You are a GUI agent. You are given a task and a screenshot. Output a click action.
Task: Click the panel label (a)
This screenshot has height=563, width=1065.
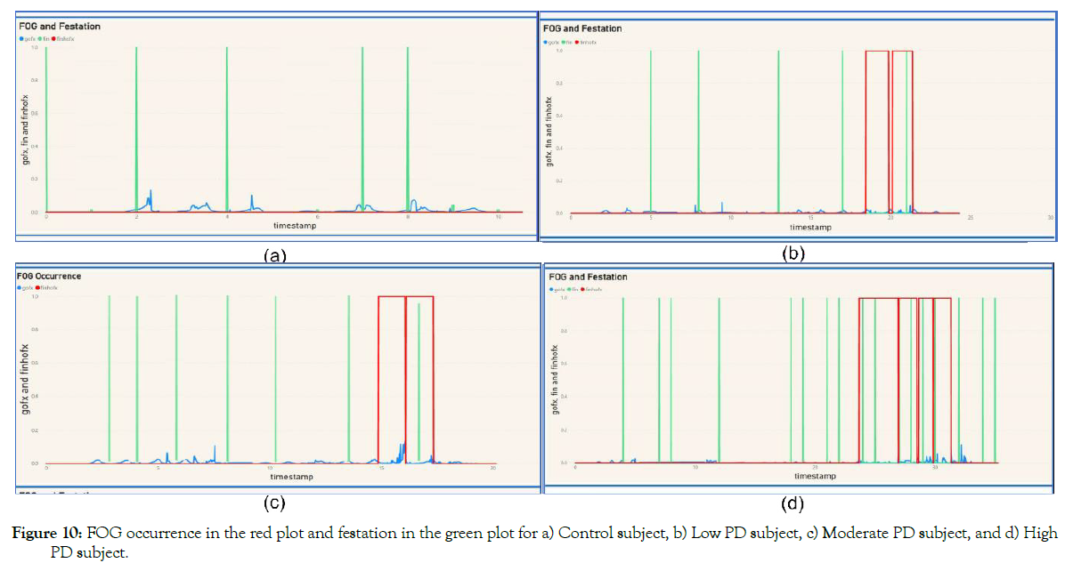pos(275,256)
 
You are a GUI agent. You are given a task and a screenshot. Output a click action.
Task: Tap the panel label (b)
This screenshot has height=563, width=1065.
pos(793,253)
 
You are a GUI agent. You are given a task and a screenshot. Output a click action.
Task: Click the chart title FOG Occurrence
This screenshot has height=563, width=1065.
pos(49,276)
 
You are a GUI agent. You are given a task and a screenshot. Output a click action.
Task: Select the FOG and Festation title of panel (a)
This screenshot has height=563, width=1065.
pos(60,26)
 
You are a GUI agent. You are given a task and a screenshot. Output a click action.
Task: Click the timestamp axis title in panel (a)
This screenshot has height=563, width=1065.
pos(294,226)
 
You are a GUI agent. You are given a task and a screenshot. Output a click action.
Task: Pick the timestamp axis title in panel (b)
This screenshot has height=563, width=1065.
pos(810,228)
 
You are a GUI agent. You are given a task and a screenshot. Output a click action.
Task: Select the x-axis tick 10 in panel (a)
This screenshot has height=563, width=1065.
pos(498,217)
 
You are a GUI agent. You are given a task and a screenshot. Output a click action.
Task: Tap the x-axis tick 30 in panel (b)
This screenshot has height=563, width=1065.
pos(1052,218)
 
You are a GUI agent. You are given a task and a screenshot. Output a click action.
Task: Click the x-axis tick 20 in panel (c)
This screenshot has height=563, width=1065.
pos(492,469)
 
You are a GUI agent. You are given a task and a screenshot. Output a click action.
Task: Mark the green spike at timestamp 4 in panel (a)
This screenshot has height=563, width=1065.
pos(227,129)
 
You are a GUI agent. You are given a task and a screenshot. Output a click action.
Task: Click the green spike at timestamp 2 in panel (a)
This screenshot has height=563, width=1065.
pos(136,129)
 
